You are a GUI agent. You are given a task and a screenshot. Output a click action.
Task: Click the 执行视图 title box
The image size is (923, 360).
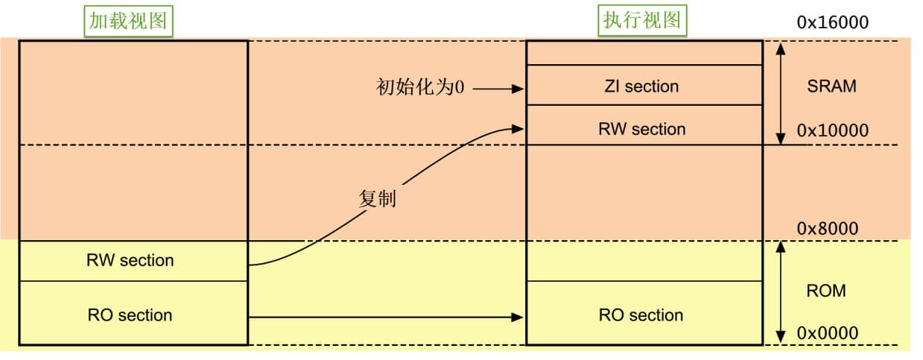point(641,21)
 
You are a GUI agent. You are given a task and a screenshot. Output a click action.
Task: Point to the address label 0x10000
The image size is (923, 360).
point(832,130)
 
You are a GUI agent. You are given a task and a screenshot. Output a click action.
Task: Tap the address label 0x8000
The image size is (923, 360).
point(828,229)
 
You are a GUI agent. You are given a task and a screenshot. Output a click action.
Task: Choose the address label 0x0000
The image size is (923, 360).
point(828,333)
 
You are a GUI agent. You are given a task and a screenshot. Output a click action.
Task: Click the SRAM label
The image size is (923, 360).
point(831,86)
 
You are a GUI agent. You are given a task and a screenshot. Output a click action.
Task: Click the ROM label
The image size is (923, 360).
point(826,291)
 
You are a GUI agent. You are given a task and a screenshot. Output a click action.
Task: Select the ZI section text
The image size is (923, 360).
point(641,86)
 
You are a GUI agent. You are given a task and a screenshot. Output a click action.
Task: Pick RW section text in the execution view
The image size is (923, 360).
point(641,129)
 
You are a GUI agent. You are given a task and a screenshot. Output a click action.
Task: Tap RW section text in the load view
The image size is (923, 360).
point(130,261)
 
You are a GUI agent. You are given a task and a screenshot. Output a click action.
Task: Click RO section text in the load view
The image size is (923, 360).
point(130,315)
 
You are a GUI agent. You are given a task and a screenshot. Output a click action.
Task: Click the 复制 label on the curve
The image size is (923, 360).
point(377,200)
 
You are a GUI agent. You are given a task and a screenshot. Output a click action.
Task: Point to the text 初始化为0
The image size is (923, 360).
point(419,88)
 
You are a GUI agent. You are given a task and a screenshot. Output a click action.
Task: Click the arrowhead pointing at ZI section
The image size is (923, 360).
point(518,89)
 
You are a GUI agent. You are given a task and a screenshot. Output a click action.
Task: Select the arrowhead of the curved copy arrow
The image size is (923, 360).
point(518,129)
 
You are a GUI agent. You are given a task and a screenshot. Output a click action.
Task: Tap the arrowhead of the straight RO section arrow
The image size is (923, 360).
point(518,318)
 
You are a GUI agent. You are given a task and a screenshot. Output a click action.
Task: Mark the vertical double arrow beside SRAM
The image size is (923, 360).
point(780,92)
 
